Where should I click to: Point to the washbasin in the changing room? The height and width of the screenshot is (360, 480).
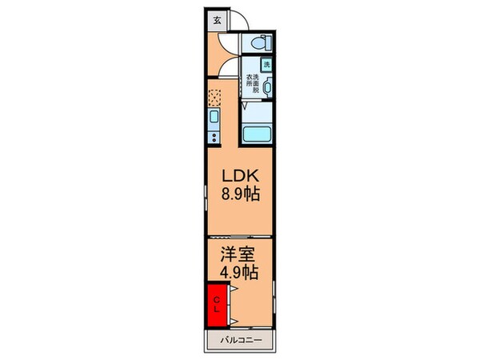[x=268, y=88]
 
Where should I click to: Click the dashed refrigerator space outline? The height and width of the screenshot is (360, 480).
[x=214, y=98]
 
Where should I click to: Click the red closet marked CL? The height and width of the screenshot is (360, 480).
[x=216, y=305]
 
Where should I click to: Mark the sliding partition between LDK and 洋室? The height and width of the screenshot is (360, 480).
[x=240, y=237]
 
